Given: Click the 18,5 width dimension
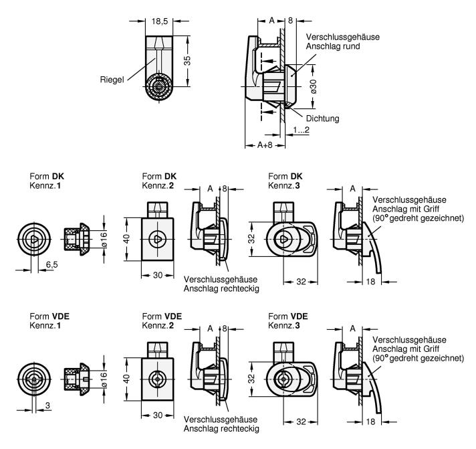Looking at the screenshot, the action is point(160,21).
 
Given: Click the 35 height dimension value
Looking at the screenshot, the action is point(188,60).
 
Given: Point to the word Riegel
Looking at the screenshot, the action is point(112,80).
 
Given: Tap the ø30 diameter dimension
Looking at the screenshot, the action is point(314,86).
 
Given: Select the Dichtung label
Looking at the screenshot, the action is point(322,118).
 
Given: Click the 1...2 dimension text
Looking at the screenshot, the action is point(301,130).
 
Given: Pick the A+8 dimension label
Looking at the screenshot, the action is point(265,145).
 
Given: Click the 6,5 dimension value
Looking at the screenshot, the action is point(52,264).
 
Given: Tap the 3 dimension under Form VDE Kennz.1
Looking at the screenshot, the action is point(47,406).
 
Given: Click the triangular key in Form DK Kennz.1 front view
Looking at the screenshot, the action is point(35,240).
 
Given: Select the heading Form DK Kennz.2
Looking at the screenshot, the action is point(159,181).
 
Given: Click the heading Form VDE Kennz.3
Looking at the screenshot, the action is point(287,321).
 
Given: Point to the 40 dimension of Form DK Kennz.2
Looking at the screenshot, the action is point(127,239).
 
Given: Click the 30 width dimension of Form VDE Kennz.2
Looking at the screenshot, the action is point(158,415).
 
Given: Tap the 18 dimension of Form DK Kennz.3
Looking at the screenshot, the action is point(370,282).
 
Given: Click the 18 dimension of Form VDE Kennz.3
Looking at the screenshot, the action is point(370,422).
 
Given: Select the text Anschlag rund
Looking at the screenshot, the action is point(333,46).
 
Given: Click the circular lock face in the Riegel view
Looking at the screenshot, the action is point(159,86).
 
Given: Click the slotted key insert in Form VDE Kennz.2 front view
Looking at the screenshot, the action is point(158,379).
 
